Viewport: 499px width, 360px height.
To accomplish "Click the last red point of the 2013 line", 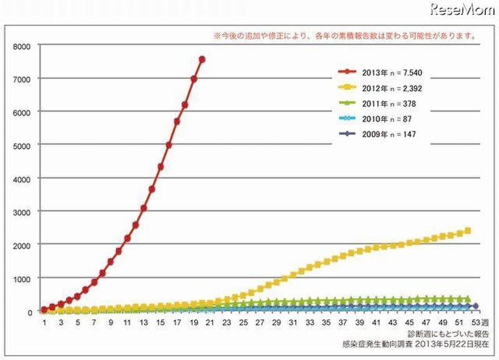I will [x=202, y=59].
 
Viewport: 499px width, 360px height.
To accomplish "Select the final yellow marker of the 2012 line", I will [x=468, y=230].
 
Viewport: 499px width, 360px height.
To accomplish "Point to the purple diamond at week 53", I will [x=475, y=306].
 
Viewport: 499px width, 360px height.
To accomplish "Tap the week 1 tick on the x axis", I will [x=44, y=323].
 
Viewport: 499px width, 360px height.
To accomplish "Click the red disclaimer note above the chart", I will [x=344, y=36].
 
